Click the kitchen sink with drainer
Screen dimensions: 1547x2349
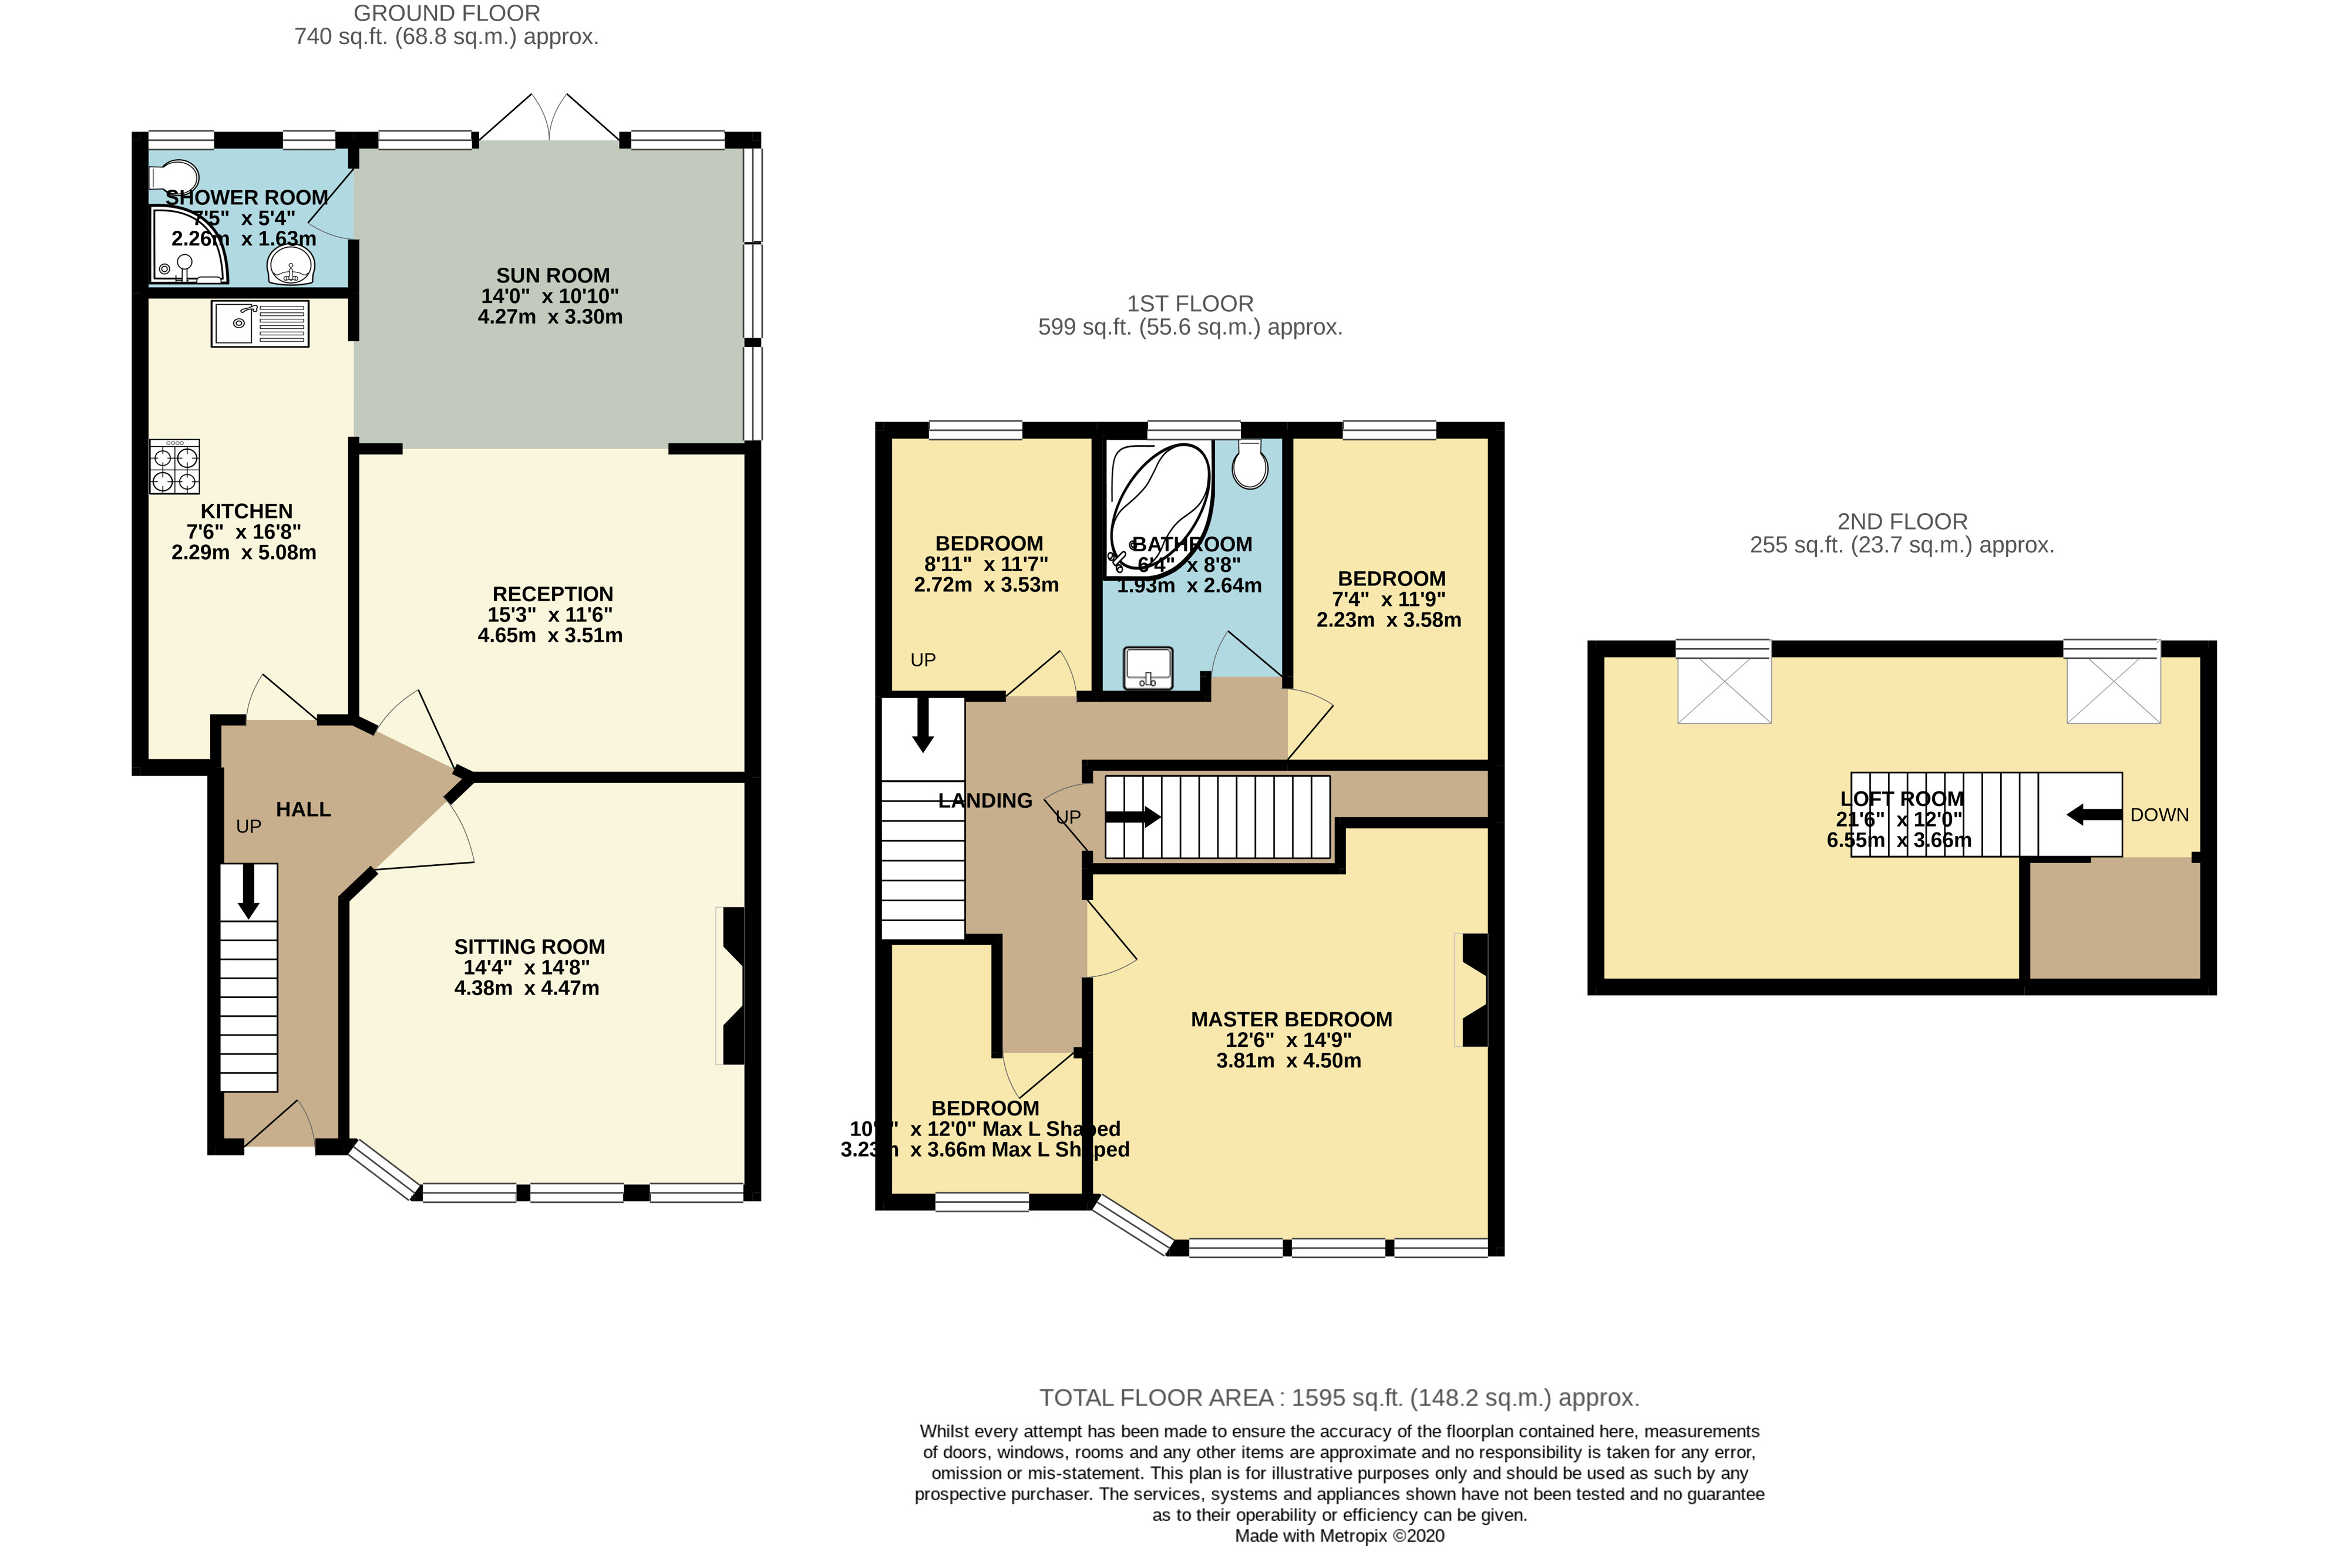click(260, 323)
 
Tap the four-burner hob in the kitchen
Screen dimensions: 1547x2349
click(174, 467)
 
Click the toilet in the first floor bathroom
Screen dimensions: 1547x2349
click(1250, 465)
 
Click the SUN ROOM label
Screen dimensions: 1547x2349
click(553, 277)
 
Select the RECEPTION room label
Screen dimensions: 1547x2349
click(553, 594)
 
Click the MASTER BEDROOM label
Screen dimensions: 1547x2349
click(1291, 1019)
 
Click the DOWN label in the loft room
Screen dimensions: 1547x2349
click(2159, 815)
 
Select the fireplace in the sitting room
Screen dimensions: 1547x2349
click(732, 986)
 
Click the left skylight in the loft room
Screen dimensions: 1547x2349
click(1723, 687)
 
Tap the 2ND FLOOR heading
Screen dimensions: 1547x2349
click(1902, 522)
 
